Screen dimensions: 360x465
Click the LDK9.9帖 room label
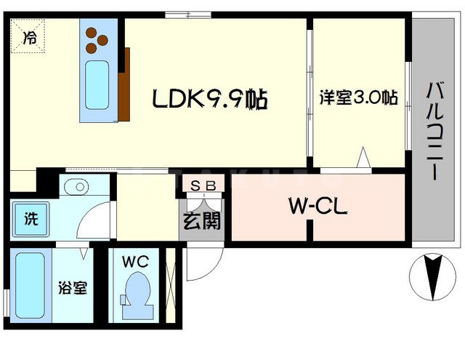(x=210, y=98)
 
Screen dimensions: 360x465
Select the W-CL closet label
(x=318, y=208)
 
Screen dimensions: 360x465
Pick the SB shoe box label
(x=203, y=185)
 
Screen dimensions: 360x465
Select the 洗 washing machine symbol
(x=29, y=216)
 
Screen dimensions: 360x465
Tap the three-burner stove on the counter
(x=97, y=41)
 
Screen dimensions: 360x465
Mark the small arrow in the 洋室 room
(x=364, y=157)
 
